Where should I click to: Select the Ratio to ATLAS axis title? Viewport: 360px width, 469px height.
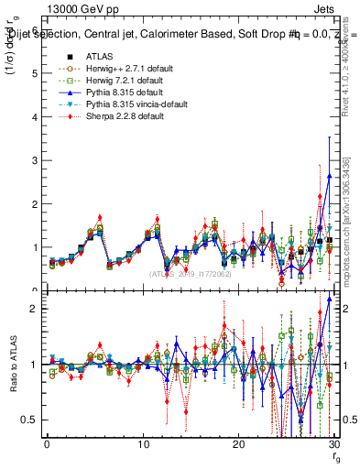[13, 372]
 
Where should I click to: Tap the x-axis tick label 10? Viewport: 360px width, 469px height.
[143, 444]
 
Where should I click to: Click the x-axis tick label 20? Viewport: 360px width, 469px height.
[239, 444]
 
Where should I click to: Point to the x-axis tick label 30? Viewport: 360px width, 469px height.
[334, 444]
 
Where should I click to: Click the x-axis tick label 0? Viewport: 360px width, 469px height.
[47, 444]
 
